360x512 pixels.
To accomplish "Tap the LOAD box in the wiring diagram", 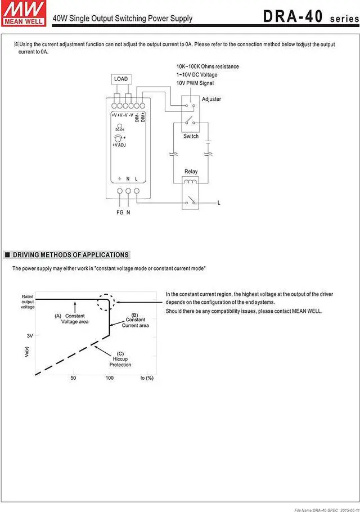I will (121, 79).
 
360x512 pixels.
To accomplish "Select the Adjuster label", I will (211, 99).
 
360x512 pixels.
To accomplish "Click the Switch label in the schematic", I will (191, 136).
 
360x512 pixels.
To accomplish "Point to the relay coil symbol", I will (191, 181).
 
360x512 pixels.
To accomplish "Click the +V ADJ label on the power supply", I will (119, 145).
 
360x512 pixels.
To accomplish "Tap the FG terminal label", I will (119, 212).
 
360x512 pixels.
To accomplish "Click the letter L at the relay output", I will (218, 202).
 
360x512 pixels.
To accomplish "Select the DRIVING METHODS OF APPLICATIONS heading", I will (71, 255).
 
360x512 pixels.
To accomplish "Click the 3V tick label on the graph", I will (30, 335).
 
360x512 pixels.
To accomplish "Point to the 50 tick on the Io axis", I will (73, 378).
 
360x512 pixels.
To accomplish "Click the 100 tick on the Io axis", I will (109, 378).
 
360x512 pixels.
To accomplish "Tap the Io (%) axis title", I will (147, 378).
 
